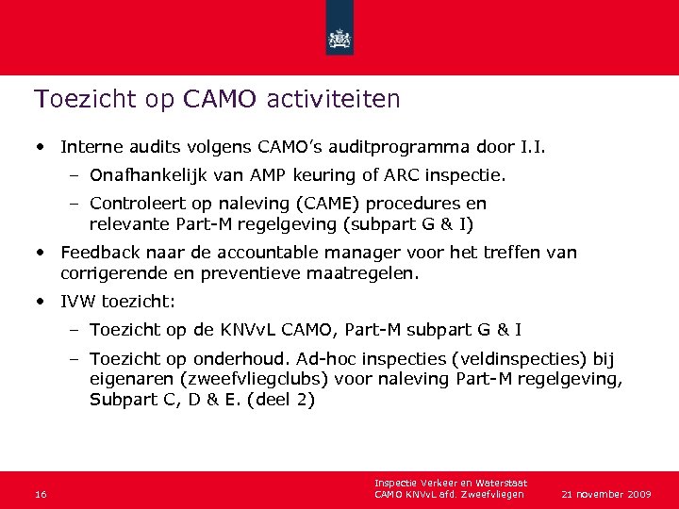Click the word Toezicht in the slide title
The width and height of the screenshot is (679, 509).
(73, 98)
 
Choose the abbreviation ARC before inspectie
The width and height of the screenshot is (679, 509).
(404, 175)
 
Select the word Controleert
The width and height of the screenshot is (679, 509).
(136, 205)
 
